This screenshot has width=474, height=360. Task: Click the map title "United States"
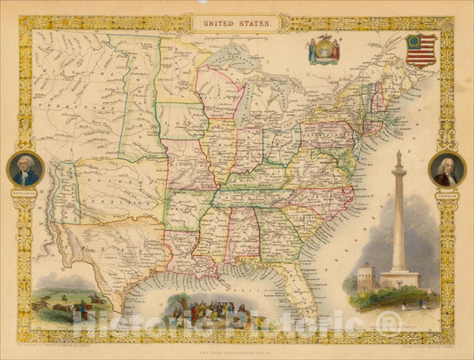pos(237,24)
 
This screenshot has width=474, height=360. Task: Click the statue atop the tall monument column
pos(398,158)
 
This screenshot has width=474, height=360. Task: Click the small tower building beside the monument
pos(366,276)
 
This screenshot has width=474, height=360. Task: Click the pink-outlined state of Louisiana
pos(206,258)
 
